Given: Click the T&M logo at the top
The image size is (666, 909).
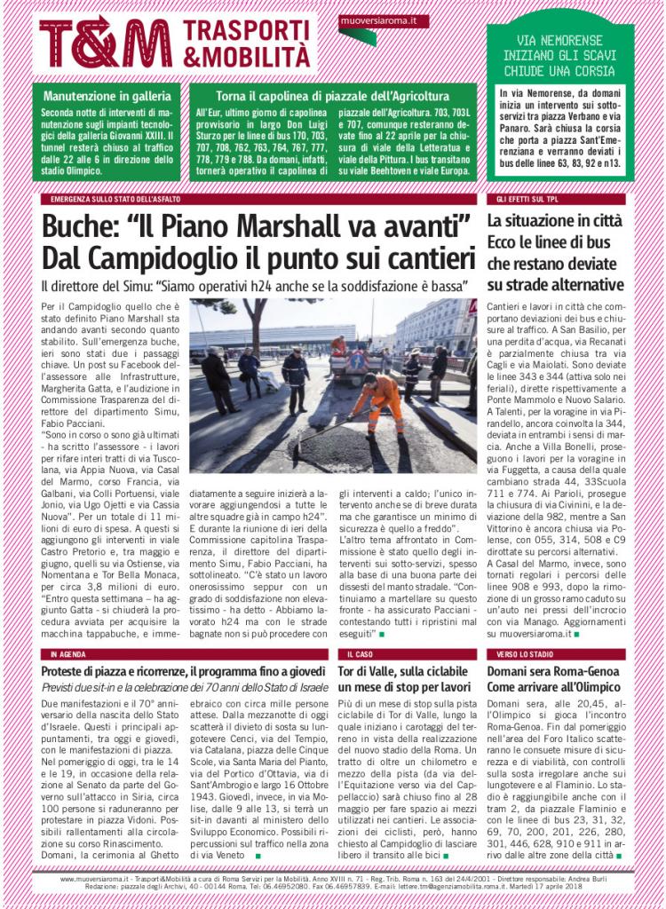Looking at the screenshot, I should coord(105,43).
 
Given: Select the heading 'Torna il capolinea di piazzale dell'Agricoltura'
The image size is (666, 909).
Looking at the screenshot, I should coord(333,95).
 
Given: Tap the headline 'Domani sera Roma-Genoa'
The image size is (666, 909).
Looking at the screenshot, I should coord(548,671).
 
